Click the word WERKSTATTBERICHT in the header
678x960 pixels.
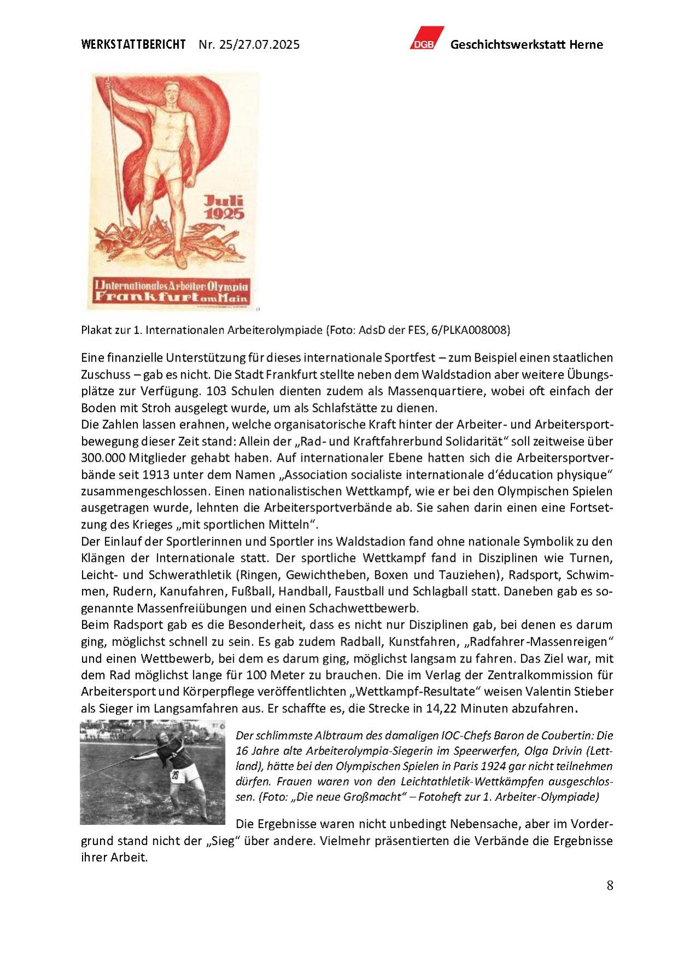point(133,44)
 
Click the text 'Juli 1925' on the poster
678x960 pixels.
point(224,207)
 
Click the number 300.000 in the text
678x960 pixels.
point(104,458)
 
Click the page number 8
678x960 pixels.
point(610,886)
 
